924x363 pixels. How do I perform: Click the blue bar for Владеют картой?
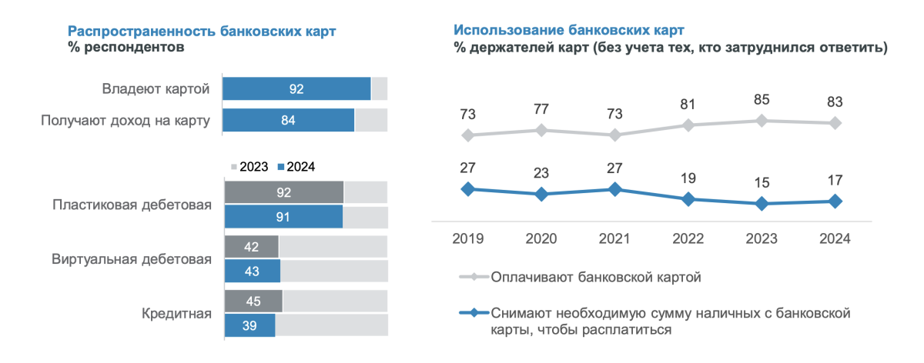coord(296,89)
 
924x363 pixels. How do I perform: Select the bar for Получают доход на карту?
coord(289,120)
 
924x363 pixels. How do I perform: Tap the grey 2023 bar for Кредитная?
coord(253,301)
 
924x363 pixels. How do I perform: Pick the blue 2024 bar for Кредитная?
coord(249,325)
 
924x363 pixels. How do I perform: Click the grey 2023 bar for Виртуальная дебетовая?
coord(252,247)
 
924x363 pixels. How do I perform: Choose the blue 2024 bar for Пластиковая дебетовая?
coord(283,217)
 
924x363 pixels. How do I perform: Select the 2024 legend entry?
coord(296,166)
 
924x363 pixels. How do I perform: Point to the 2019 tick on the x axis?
coord(467,238)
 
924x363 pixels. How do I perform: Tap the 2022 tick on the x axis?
coord(688,238)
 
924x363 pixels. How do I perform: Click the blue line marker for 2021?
coord(614,189)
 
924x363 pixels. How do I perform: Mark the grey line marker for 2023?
coord(762,121)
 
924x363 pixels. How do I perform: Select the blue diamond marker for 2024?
coord(836,201)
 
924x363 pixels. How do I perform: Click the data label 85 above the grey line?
coord(762,99)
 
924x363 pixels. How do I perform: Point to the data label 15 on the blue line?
coord(762,182)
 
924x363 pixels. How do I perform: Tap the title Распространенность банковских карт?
coord(203,32)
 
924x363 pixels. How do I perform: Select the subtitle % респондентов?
coord(126,48)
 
